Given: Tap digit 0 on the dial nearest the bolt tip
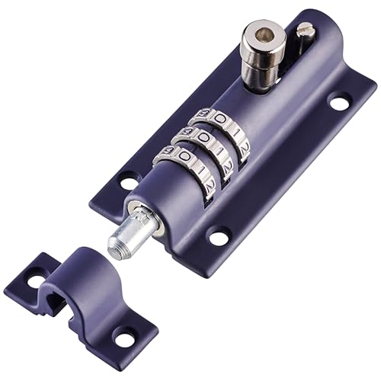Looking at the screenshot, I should [x=184, y=158].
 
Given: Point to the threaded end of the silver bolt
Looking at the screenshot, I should [x=119, y=243].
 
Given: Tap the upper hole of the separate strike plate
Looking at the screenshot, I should [x=36, y=281].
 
